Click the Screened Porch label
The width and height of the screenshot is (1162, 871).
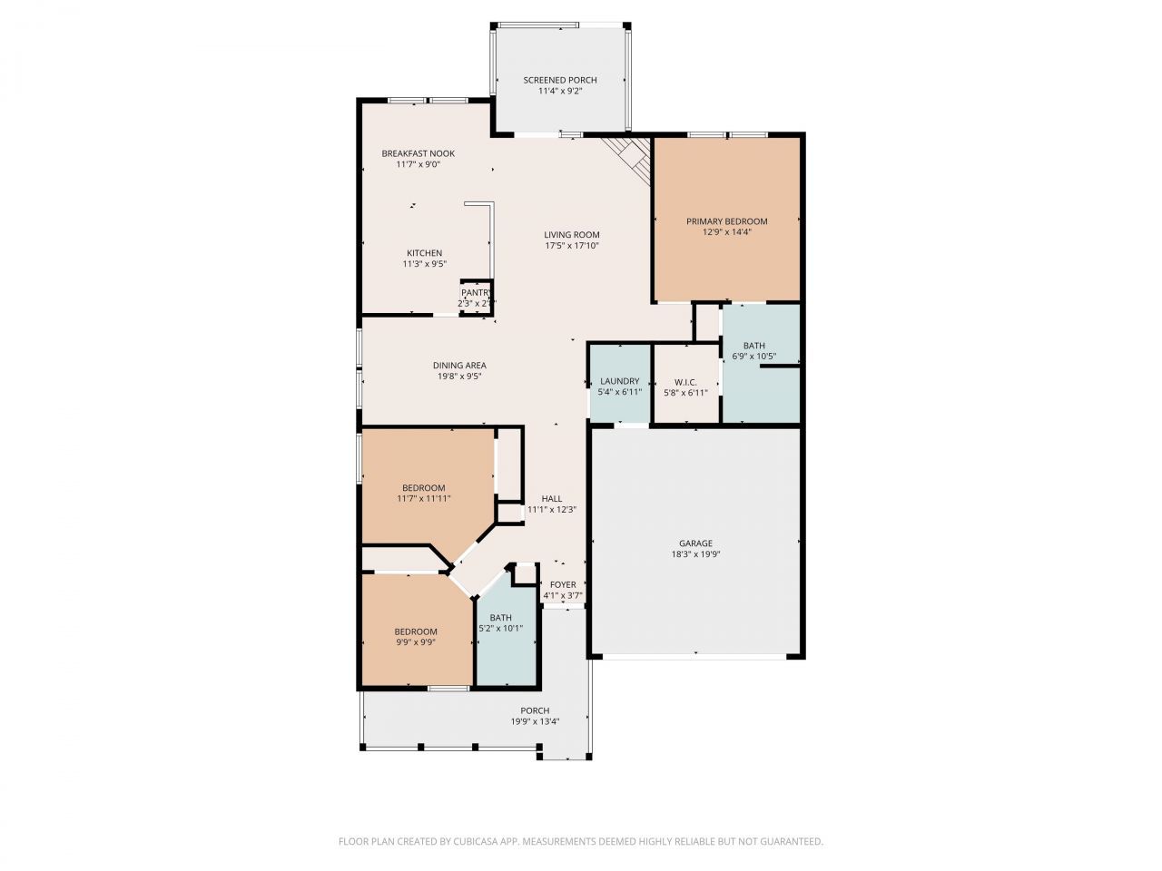click(x=560, y=80)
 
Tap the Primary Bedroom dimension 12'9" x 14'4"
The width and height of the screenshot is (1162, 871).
click(x=726, y=232)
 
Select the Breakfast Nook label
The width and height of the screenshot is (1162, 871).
click(x=418, y=153)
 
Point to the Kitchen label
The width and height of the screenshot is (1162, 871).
click(x=424, y=253)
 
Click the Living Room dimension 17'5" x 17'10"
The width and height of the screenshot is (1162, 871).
click(x=572, y=246)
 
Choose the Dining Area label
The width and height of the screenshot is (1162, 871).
click(x=459, y=366)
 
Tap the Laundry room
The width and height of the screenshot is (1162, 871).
click(x=619, y=386)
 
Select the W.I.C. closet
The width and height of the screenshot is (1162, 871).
click(x=685, y=387)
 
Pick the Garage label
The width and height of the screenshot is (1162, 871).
click(x=695, y=543)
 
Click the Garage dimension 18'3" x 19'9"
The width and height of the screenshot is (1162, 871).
click(x=695, y=554)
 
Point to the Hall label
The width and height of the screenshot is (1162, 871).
click(x=551, y=499)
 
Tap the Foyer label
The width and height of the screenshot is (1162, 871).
click(x=563, y=585)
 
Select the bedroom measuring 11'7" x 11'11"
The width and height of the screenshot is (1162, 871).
click(x=424, y=493)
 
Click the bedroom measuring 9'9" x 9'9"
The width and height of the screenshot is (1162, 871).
click(x=416, y=636)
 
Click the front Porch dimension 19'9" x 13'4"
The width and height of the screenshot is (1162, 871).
click(x=535, y=722)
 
